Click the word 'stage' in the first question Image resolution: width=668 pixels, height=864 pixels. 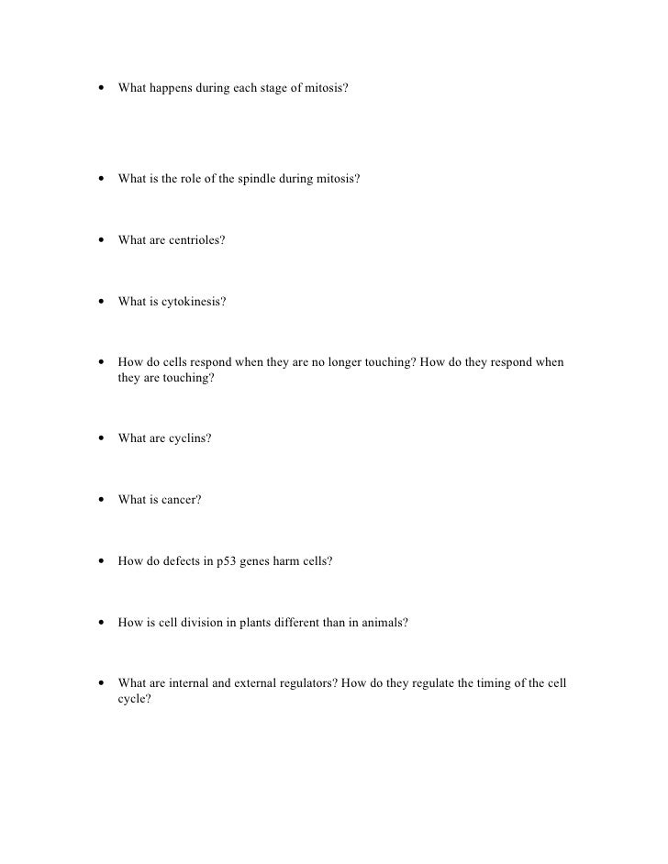(263, 90)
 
